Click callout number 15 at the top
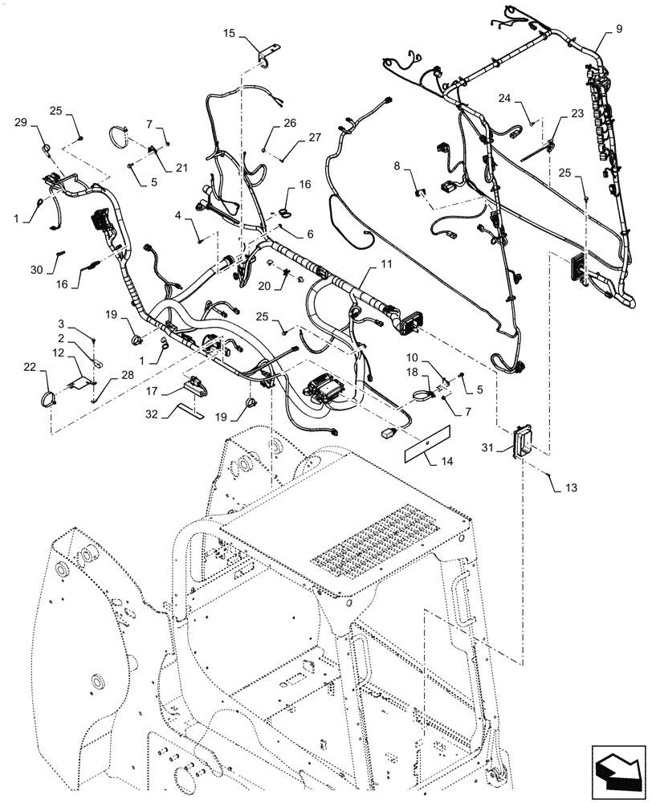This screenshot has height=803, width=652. tap(229, 34)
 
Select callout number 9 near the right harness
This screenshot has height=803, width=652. tap(619, 29)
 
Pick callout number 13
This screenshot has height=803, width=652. tap(572, 487)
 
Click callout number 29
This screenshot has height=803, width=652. tap(21, 121)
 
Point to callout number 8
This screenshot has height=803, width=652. tap(396, 166)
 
